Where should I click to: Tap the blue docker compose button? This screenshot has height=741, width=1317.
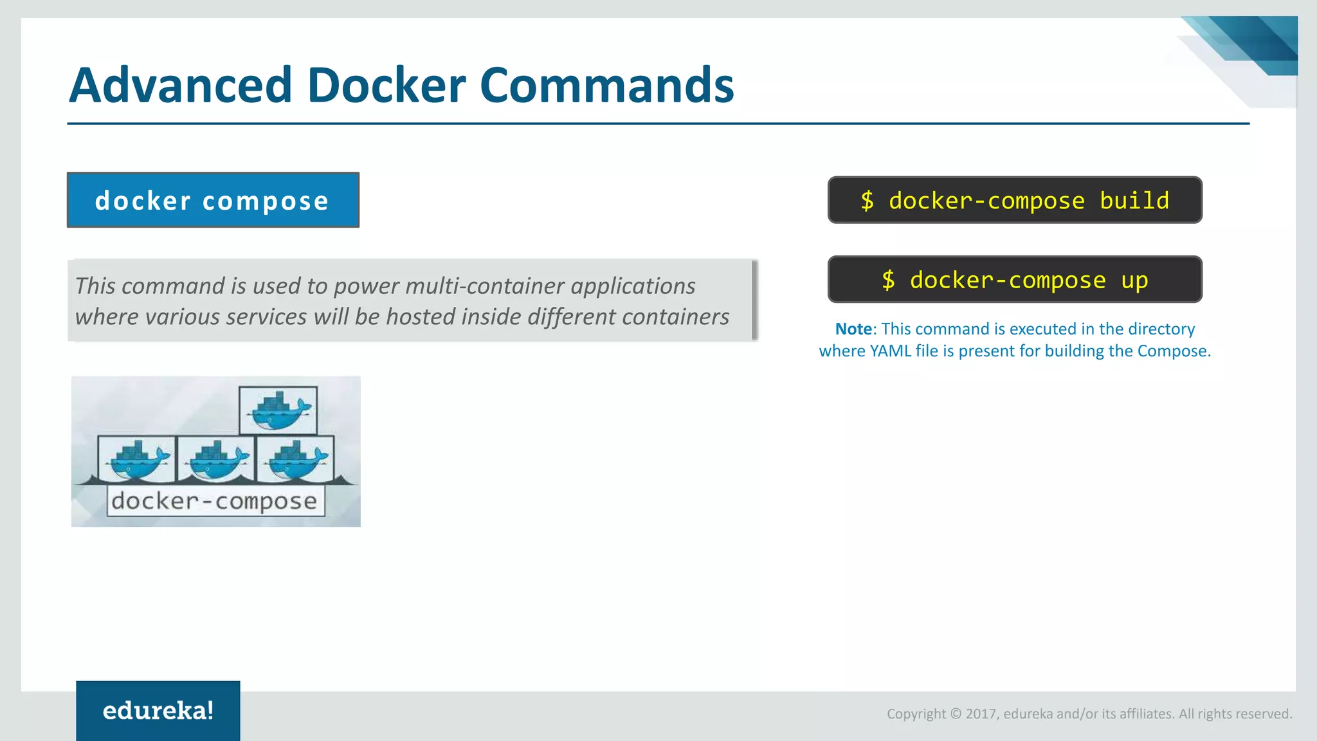pyautogui.click(x=213, y=200)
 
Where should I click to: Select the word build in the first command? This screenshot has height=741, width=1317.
pyautogui.click(x=1134, y=201)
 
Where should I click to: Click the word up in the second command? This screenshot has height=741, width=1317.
pyautogui.click(x=1134, y=280)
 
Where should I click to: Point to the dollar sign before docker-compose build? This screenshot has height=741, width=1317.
pyautogui.click(x=867, y=201)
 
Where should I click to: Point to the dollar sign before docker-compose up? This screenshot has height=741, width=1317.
pyautogui.click(x=888, y=280)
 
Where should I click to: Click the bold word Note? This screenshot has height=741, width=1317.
pyautogui.click(x=853, y=329)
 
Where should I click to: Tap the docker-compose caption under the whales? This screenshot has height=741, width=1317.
pyautogui.click(x=215, y=501)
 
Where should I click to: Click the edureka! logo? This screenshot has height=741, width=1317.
pyautogui.click(x=158, y=710)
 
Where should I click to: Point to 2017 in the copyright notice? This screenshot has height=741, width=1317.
pyautogui.click(x=981, y=714)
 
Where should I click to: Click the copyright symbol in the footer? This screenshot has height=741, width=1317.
pyautogui.click(x=956, y=714)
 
